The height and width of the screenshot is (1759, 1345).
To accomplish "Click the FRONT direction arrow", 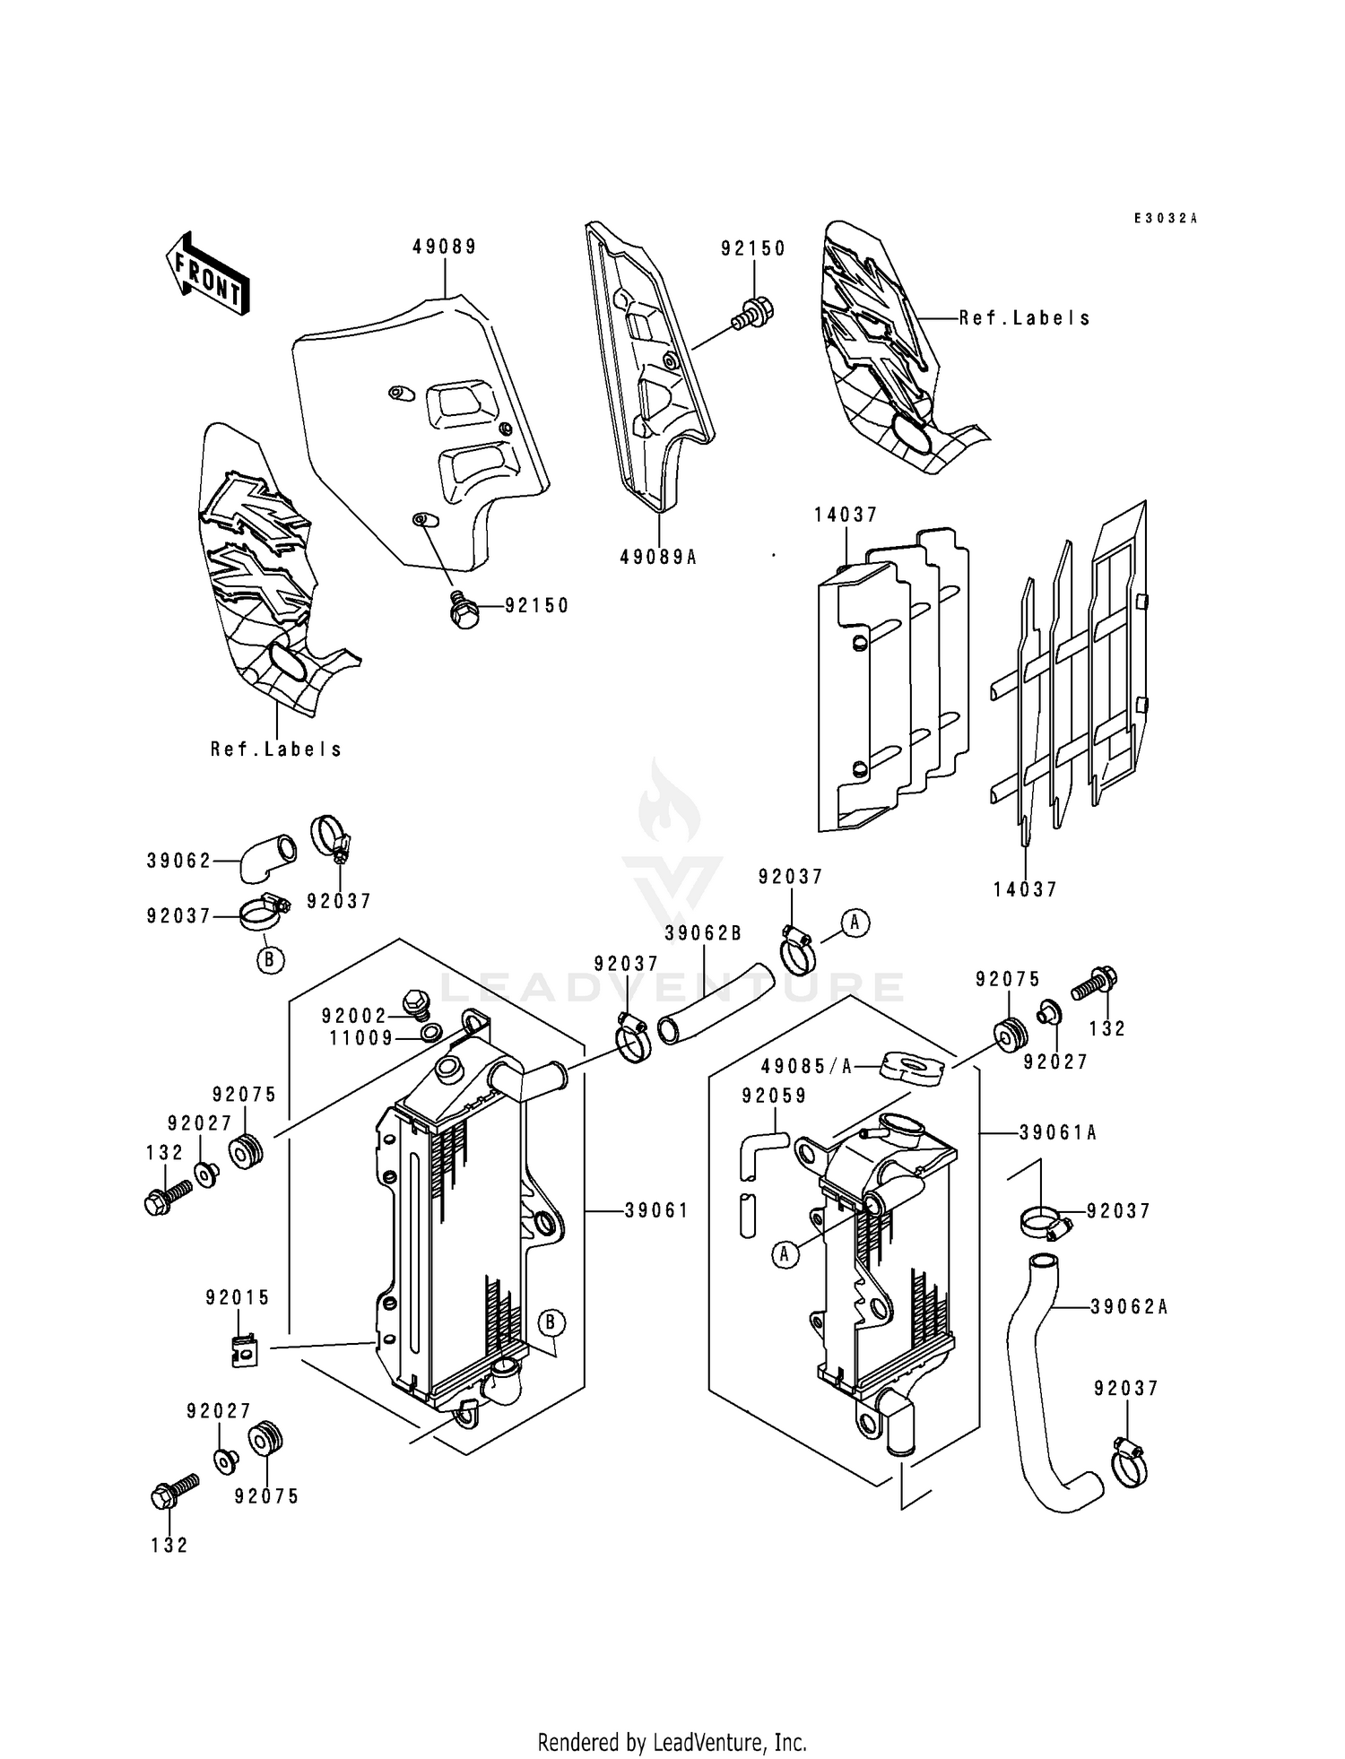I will [x=207, y=273].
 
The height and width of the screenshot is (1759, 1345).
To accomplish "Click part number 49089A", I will [x=657, y=557].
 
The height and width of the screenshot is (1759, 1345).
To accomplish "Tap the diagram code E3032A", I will [x=1165, y=218].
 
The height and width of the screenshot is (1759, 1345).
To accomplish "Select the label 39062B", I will [x=703, y=933].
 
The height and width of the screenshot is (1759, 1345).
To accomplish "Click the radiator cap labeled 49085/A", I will [x=913, y=1067].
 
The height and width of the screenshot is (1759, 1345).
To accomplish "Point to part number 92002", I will [x=353, y=1016].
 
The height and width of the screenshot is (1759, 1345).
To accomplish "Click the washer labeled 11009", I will [x=431, y=1035].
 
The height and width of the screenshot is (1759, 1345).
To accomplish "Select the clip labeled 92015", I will [x=240, y=1350].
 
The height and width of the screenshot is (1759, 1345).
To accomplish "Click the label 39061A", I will [x=1057, y=1133].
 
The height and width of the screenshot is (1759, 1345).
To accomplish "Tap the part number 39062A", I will [x=1129, y=1307].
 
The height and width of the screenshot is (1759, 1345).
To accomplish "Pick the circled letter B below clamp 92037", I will [x=270, y=959].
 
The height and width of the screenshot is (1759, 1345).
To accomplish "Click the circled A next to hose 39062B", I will [x=855, y=922].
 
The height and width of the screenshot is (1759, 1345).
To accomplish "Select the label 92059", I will [x=774, y=1096].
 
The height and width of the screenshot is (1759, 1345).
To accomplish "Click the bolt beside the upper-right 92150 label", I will [x=753, y=313].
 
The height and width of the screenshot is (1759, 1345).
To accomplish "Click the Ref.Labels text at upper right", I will [x=1024, y=317].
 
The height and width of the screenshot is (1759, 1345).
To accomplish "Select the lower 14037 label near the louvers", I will [x=1025, y=889].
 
